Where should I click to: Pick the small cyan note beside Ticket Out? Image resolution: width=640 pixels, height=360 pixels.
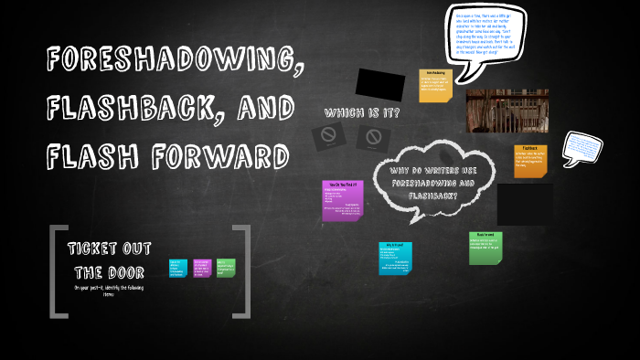coord(178,268)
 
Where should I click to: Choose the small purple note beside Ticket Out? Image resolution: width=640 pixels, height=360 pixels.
coord(202,268)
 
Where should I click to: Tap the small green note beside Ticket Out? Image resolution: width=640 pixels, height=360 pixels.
coord(226,268)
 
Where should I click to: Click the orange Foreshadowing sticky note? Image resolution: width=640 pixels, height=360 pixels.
coord(436,87)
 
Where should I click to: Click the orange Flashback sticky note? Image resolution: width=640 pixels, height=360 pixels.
coord(530,160)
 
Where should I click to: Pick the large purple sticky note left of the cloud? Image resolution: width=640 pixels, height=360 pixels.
coord(343,201)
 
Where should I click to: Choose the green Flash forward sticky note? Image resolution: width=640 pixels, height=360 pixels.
coord(485,247)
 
